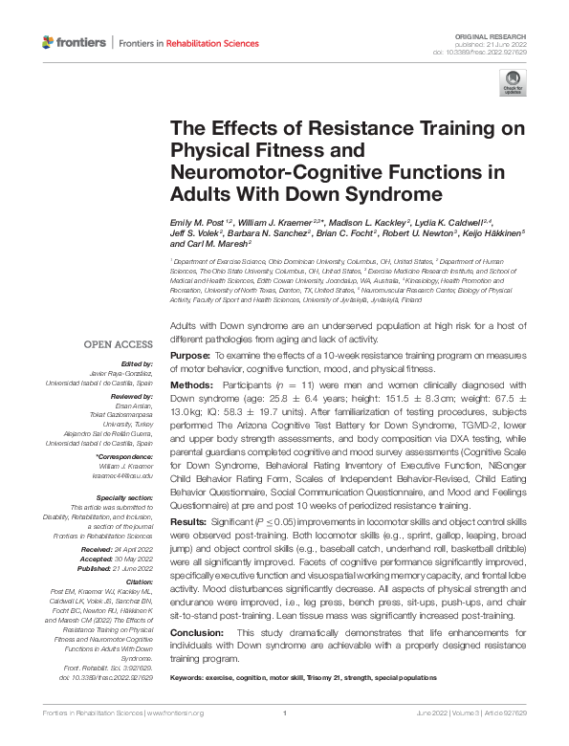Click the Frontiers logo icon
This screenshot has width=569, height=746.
point(48,43)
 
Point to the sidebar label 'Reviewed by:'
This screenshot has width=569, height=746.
point(134,394)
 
